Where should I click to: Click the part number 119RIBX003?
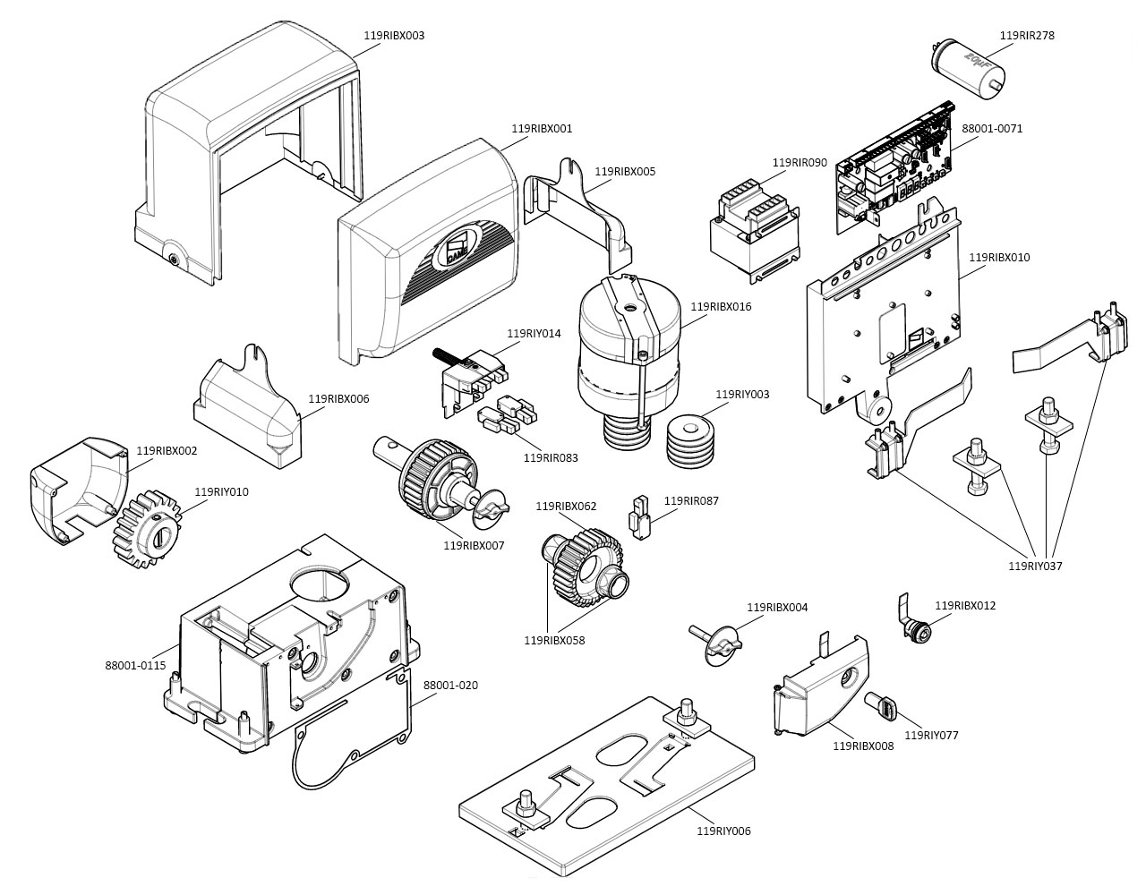pyautogui.click(x=394, y=36)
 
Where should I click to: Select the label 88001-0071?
pyautogui.click(x=992, y=129)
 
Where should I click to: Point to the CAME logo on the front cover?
pyautogui.click(x=458, y=250)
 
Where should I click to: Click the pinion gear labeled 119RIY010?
pyautogui.click(x=146, y=531)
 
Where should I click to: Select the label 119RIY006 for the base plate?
pyautogui.click(x=723, y=831)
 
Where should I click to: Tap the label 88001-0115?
pyautogui.click(x=135, y=665)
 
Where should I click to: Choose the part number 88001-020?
pyautogui.click(x=450, y=686)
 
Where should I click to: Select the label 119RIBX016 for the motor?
pyautogui.click(x=721, y=307)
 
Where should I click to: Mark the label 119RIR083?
pyautogui.click(x=550, y=457)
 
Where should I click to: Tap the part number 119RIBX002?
pyautogui.click(x=167, y=451)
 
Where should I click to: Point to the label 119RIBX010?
pyautogui.click(x=999, y=258)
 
